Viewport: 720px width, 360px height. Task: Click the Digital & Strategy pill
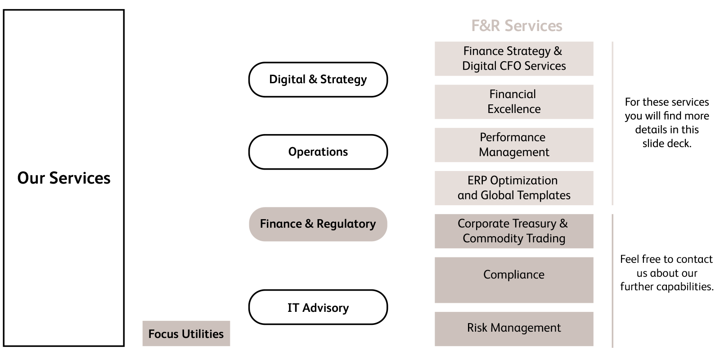318,80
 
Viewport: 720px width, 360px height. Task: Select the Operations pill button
318,152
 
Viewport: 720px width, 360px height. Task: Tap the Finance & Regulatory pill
318,224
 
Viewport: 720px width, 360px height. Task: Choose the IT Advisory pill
318,307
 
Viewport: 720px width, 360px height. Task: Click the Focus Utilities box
186,333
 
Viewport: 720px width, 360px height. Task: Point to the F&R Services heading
517,26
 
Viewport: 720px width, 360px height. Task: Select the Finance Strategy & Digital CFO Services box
513,58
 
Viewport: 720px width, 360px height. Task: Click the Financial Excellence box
513,102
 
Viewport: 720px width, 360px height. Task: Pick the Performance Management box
513,145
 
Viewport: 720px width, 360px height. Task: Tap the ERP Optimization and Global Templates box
513,188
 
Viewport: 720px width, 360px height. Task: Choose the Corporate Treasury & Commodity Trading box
513,231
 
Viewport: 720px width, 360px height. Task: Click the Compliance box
513,279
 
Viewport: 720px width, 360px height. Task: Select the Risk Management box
513,328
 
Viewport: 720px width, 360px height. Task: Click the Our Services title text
64,178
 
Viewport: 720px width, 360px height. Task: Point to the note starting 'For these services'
666,122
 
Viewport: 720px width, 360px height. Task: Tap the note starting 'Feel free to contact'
666,273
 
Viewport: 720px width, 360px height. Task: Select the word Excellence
514,109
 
